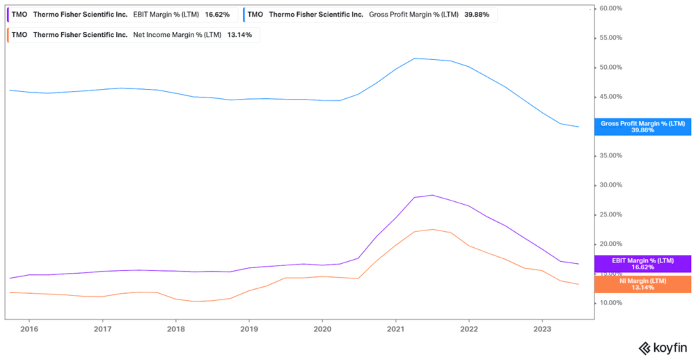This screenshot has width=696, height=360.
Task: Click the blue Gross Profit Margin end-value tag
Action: (642, 127)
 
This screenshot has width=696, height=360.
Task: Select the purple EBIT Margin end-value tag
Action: (642, 264)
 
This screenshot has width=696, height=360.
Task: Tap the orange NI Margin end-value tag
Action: (642, 284)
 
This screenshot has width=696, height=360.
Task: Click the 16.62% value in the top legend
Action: (217, 14)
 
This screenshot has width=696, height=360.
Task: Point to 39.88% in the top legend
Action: (476, 14)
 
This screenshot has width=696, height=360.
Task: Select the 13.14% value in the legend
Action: (239, 35)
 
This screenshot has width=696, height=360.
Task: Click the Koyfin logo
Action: (663, 347)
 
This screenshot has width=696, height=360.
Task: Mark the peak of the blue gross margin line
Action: (414, 58)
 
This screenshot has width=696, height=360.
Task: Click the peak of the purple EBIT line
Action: (432, 195)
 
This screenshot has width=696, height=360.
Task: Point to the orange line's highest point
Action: (432, 229)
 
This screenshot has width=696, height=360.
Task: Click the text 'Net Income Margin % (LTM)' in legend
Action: (177, 35)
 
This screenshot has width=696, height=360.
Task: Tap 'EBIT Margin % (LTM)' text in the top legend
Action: (166, 14)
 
